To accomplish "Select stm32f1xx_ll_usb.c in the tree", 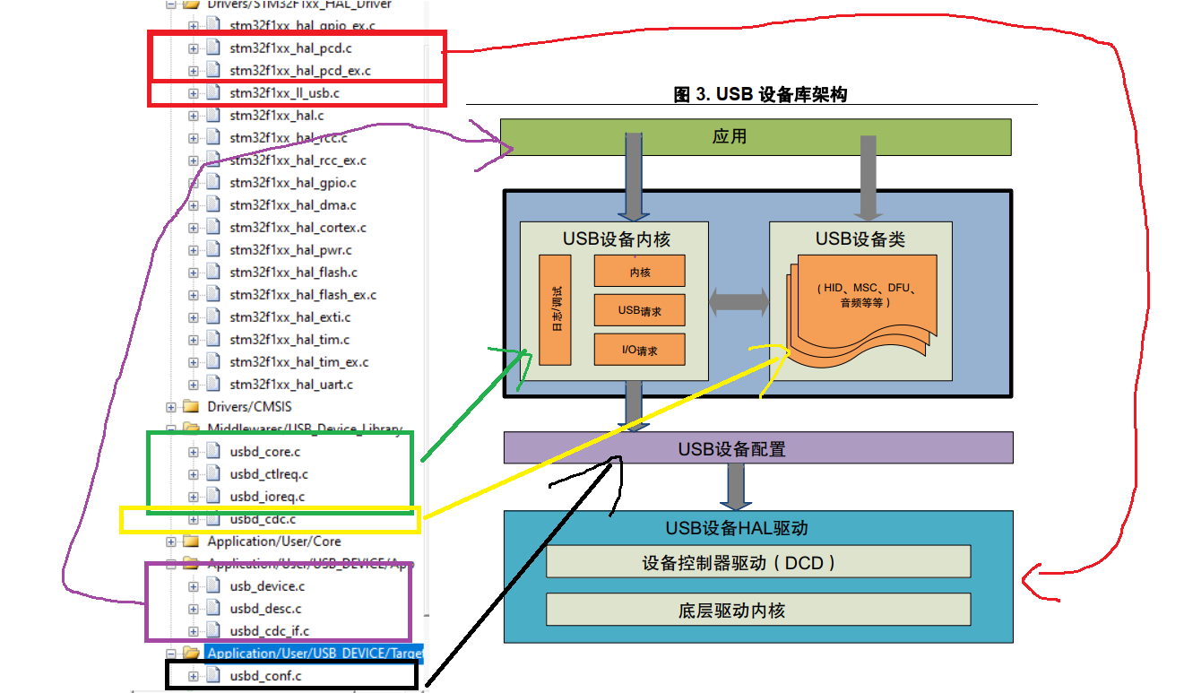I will (x=284, y=92).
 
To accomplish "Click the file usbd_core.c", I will (x=264, y=452).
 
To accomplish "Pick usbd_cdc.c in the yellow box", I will (x=262, y=519).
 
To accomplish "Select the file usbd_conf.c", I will (x=265, y=676).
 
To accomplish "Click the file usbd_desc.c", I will (x=265, y=609).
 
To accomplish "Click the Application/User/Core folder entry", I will (x=273, y=541).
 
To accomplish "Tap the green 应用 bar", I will (x=755, y=137).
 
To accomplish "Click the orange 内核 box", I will (x=639, y=272).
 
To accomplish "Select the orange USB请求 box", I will (x=639, y=311).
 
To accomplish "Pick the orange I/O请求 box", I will (x=639, y=350).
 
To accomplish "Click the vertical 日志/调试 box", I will (x=555, y=309).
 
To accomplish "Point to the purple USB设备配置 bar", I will (x=757, y=448).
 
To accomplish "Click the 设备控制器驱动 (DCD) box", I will (x=758, y=563).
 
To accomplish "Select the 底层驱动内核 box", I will (x=758, y=611).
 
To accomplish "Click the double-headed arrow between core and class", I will (x=739, y=302).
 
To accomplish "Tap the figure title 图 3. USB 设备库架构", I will (x=760, y=94).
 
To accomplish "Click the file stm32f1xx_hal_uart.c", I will (x=290, y=385).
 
